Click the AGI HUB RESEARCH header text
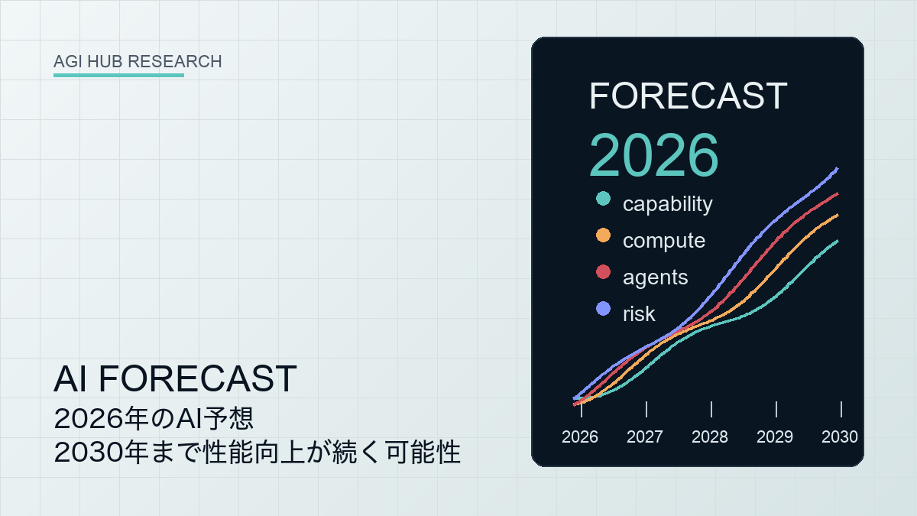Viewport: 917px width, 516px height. (138, 61)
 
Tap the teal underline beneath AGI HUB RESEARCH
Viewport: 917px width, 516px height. (118, 76)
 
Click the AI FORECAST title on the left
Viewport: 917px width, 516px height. (175, 379)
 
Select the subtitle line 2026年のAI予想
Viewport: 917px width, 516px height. (154, 419)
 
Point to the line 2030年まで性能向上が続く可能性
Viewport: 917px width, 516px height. (257, 453)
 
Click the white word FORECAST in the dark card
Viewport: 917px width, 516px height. (689, 96)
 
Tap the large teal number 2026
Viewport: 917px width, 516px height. (654, 155)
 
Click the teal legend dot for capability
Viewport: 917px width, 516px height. (603, 199)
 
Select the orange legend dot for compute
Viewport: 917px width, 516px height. (603, 235)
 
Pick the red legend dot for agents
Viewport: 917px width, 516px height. (603, 272)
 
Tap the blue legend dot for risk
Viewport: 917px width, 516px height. (603, 309)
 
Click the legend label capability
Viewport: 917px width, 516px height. (668, 204)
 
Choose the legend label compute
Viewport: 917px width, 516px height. (664, 241)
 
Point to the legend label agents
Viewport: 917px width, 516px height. (656, 277)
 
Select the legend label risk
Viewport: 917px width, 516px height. (639, 314)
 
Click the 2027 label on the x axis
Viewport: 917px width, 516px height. (645, 437)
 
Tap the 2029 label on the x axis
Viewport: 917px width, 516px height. (775, 437)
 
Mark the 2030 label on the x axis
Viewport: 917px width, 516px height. (840, 437)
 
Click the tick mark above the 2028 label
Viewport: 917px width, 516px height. (711, 410)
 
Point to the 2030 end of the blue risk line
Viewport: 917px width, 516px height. (838, 168)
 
